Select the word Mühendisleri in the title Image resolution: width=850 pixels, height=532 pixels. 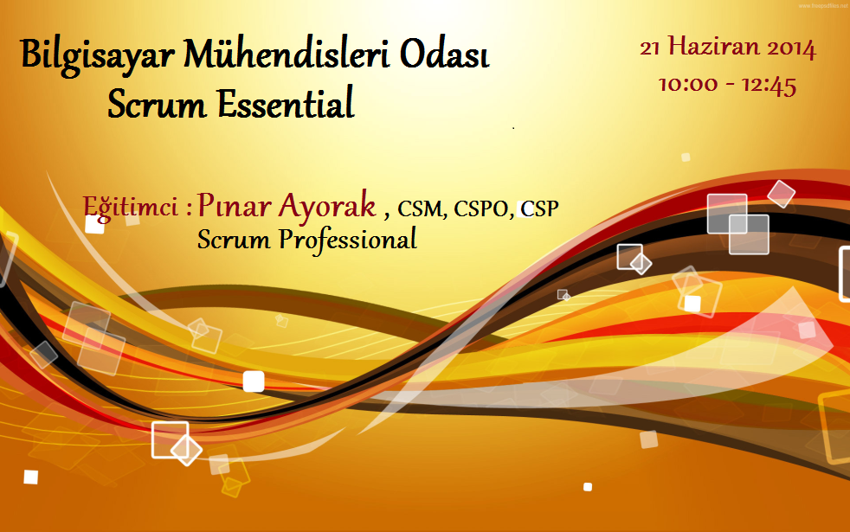tap(287, 54)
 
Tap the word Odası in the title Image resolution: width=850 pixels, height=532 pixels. tap(445, 54)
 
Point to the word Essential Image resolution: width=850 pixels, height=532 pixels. tap(286, 103)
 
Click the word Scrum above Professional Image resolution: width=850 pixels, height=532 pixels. tap(234, 239)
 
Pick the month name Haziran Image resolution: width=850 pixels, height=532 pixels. tap(713, 47)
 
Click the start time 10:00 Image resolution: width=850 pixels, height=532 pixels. tap(688, 85)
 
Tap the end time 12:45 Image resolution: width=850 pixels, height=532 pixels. tap(770, 86)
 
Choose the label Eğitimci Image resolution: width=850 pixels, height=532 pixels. tap(131, 207)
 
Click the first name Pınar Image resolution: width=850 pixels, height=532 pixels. tap(235, 205)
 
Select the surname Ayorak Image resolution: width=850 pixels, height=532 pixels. tap(327, 207)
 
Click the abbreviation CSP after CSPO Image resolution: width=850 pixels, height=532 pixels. tap(540, 208)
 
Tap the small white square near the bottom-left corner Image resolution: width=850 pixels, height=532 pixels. tap(31, 477)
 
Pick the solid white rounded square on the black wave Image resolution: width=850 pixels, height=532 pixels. tap(253, 381)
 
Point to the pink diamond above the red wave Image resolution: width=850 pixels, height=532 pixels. tap(781, 194)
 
